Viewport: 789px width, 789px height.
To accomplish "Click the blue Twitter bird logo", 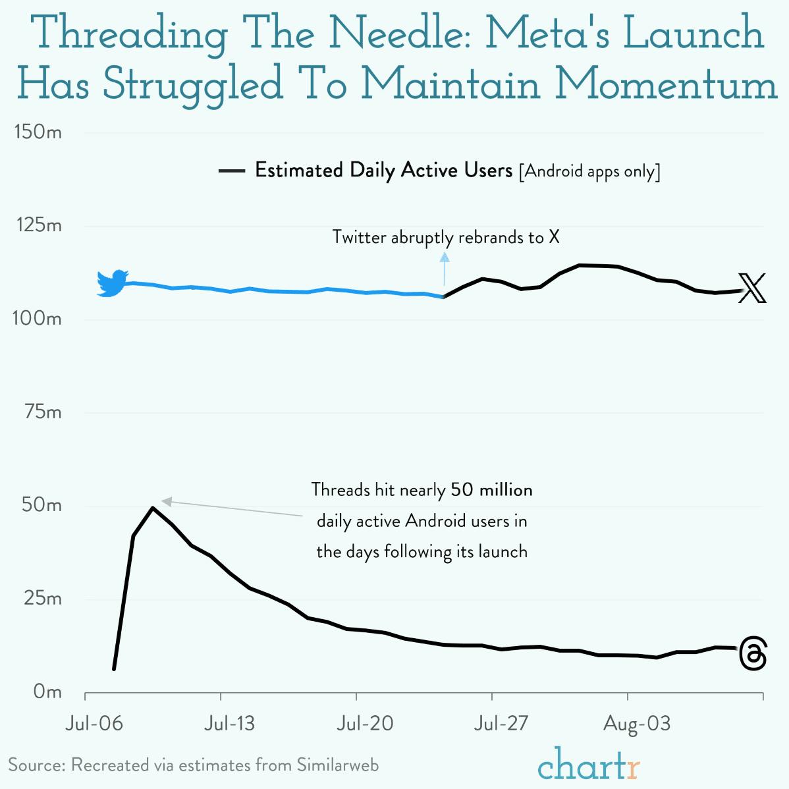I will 113,283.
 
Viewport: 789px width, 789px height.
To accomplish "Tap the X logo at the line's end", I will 752,288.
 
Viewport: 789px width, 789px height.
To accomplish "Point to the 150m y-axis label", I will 38,132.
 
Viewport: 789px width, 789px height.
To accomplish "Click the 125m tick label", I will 38,226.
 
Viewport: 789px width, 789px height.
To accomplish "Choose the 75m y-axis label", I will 42,412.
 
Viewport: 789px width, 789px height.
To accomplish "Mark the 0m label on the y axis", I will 47,692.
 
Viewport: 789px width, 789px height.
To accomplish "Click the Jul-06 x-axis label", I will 94,724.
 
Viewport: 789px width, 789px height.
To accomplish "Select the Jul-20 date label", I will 365,724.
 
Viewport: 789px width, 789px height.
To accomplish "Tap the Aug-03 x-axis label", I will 637,724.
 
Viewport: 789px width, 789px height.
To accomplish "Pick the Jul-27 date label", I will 501,724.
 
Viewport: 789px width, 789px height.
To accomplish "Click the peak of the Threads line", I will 153,508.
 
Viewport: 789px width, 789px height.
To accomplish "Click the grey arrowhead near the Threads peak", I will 167,502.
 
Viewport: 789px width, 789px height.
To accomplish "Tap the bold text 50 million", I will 491,490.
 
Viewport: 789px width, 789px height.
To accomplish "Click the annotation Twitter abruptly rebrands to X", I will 446,237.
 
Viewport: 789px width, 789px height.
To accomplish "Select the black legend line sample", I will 231,171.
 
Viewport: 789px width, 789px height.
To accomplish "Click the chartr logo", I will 588,764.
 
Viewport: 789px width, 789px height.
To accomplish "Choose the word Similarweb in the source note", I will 337,765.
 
